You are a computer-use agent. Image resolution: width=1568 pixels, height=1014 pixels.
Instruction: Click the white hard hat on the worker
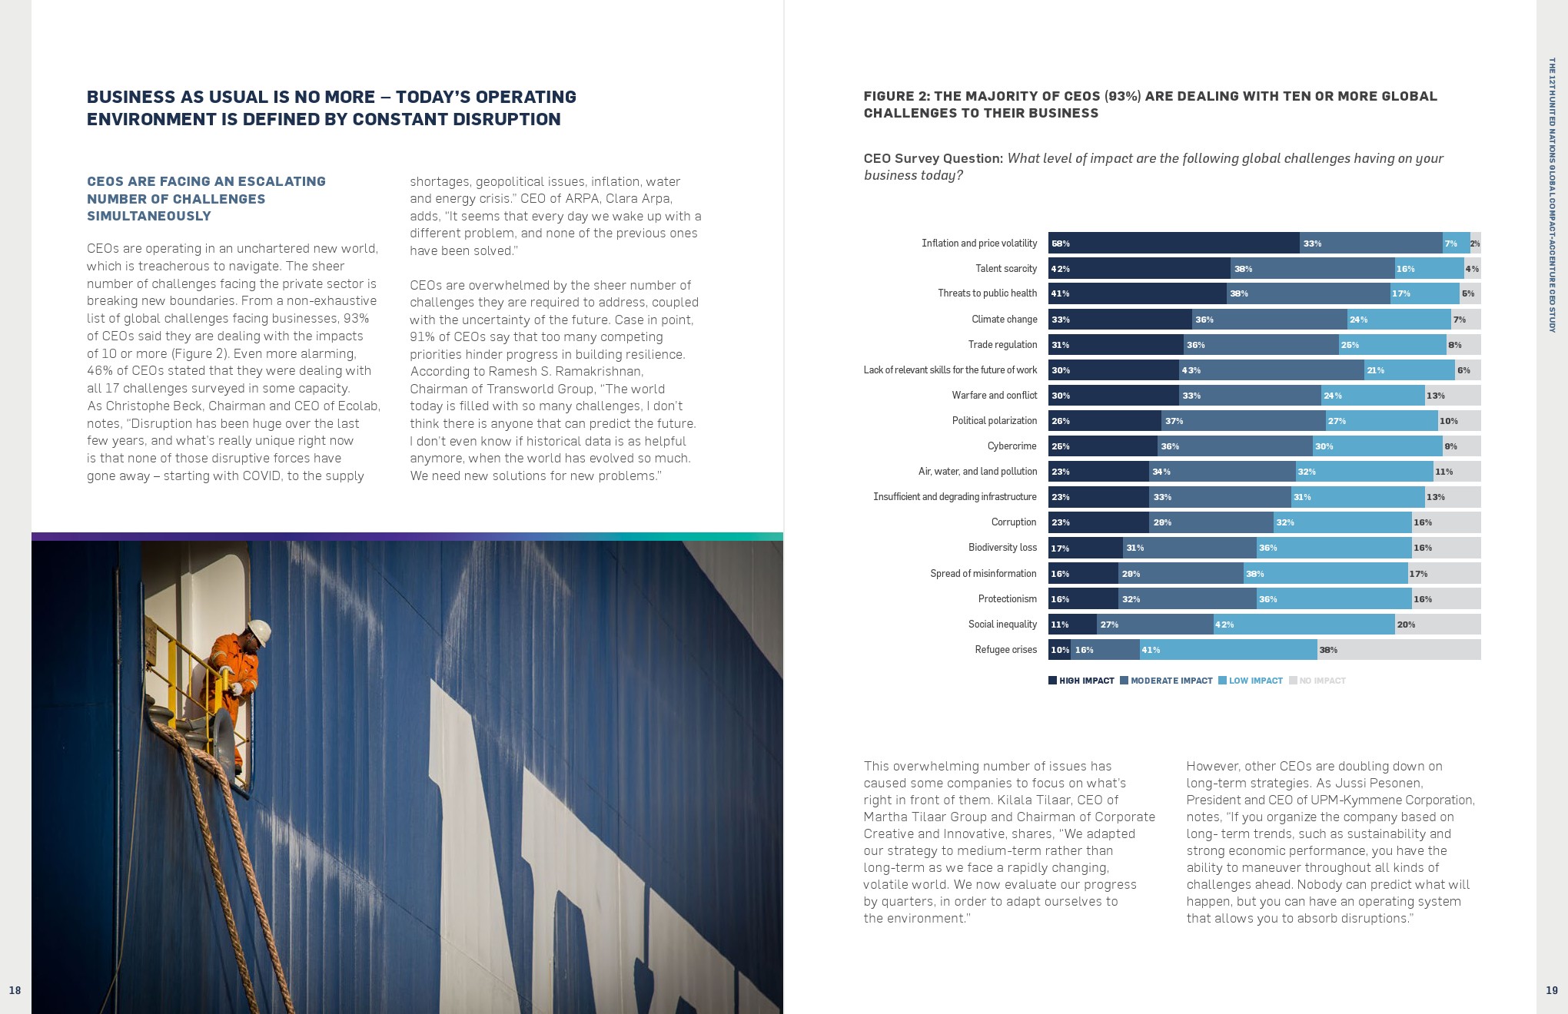(259, 631)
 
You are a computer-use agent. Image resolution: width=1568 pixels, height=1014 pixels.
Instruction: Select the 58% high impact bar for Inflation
(1174, 244)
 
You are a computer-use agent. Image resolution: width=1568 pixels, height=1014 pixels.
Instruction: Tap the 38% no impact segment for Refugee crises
(1399, 650)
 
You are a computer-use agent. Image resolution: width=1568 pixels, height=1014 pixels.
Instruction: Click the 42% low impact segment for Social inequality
(1304, 625)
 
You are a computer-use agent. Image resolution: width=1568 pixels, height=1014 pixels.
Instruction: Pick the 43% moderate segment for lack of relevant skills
(1271, 370)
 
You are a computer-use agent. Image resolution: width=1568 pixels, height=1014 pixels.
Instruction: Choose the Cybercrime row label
(1012, 446)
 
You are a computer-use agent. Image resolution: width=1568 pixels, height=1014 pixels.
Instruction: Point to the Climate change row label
(1004, 320)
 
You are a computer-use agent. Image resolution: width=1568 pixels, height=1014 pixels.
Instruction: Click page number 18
(15, 990)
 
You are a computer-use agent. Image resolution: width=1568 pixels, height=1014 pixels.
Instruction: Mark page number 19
(1551, 990)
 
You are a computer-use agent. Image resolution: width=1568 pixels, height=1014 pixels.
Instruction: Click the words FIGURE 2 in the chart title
(896, 96)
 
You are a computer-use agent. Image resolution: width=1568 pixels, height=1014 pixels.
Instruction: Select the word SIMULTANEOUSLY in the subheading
(149, 216)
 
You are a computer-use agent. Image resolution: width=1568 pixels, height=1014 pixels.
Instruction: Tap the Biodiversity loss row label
(1002, 548)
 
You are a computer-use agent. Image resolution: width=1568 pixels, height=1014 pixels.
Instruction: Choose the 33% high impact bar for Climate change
(1120, 320)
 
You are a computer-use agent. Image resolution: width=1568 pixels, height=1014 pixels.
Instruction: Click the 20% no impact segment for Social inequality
(1437, 625)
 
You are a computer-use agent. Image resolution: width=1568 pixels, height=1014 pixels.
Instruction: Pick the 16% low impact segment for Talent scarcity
(1429, 269)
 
